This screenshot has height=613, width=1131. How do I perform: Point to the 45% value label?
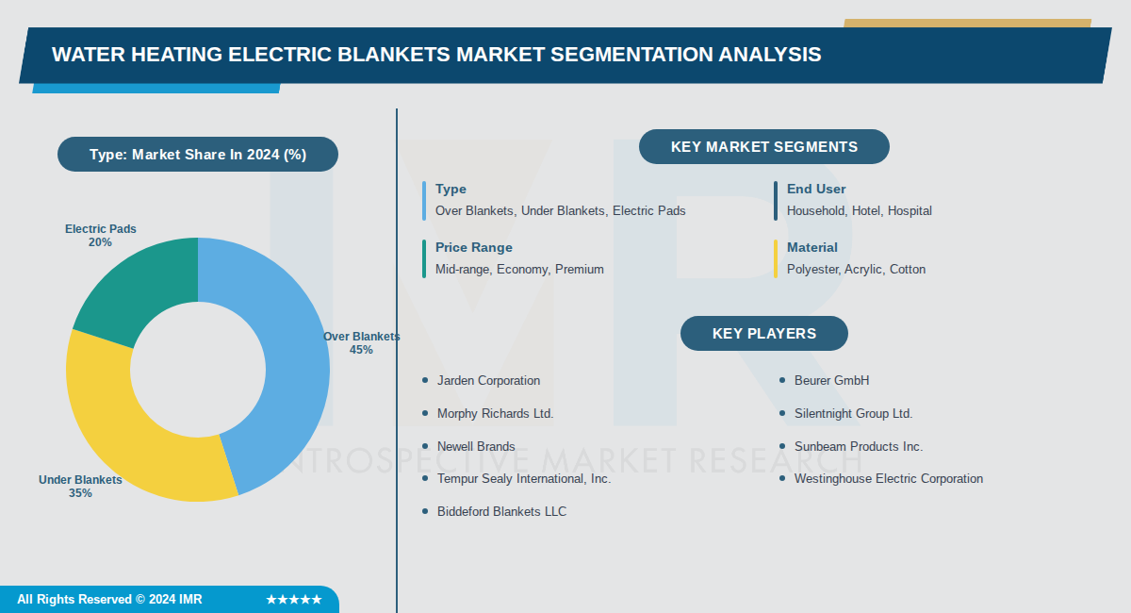pyautogui.click(x=361, y=350)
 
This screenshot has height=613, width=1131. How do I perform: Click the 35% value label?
pyautogui.click(x=80, y=493)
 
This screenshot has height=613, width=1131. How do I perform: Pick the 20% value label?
pyautogui.click(x=100, y=242)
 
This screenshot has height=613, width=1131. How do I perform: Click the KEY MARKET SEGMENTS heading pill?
pyautogui.click(x=763, y=147)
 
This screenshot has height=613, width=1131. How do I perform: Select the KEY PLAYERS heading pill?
pyautogui.click(x=763, y=334)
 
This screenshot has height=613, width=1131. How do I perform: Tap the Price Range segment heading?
pyautogui.click(x=474, y=247)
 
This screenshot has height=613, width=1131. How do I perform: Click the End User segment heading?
pyautogui.click(x=816, y=189)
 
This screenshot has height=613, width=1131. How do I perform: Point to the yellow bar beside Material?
pyautogui.click(x=776, y=258)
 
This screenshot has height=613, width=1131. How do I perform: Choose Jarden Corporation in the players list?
pyautogui.click(x=488, y=381)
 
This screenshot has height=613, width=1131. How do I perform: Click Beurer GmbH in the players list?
pyautogui.click(x=831, y=381)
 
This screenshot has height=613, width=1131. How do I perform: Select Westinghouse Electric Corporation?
pyautogui.click(x=888, y=479)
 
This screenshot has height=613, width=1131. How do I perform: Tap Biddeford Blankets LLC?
pyautogui.click(x=501, y=512)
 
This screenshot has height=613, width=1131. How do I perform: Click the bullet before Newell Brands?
pyautogui.click(x=425, y=447)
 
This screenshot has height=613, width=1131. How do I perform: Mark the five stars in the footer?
pyautogui.click(x=293, y=600)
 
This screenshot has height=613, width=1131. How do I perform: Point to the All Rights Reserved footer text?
pyautogui.click(x=109, y=600)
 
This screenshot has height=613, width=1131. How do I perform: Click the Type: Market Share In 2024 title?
pyautogui.click(x=198, y=155)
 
